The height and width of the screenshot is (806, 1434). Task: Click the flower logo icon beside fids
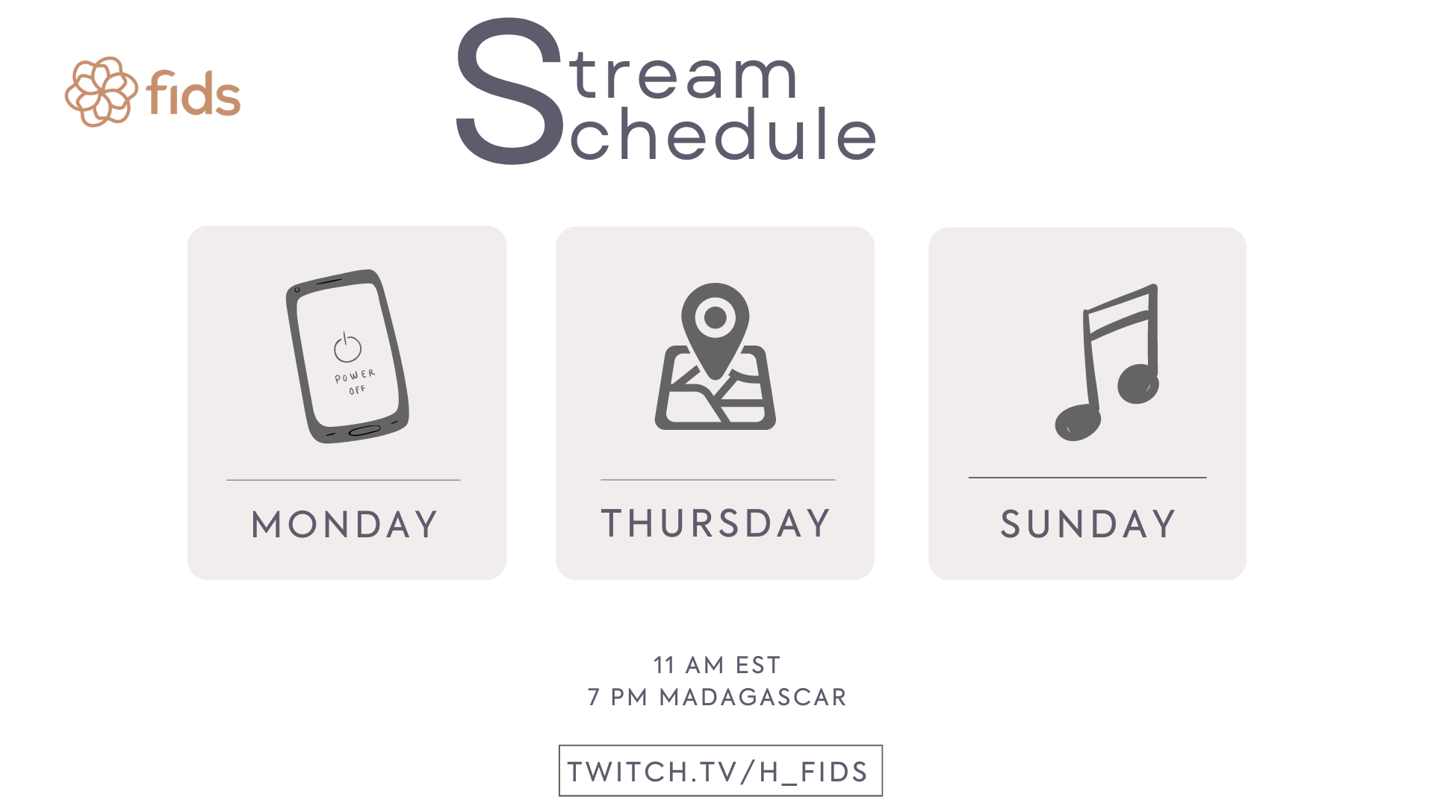[102, 92]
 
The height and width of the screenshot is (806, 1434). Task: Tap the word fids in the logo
[193, 93]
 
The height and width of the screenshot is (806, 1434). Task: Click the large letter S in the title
[509, 91]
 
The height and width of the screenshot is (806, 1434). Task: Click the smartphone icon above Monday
[347, 356]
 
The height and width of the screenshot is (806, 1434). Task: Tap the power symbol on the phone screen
[347, 347]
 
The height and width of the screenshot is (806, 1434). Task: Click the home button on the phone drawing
[364, 431]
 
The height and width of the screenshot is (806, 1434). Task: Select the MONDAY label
[344, 524]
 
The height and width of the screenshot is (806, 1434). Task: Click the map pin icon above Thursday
[716, 356]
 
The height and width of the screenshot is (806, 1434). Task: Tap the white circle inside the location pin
[716, 317]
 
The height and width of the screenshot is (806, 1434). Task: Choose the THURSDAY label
[716, 522]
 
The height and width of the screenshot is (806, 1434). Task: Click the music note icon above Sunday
[1107, 362]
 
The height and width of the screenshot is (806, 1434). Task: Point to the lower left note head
[1078, 422]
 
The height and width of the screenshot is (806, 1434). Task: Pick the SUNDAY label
[1087, 524]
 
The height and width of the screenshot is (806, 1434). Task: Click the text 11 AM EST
[717, 665]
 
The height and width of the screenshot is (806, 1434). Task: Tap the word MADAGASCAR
[753, 697]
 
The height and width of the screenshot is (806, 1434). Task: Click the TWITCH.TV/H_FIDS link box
[721, 771]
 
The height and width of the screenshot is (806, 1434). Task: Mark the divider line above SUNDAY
[1087, 477]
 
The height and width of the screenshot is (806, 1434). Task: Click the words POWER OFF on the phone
[356, 381]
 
